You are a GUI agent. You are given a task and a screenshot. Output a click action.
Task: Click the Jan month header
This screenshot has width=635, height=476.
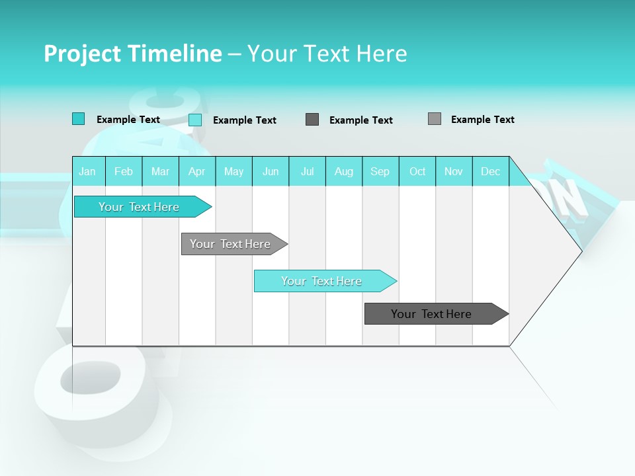(x=87, y=171)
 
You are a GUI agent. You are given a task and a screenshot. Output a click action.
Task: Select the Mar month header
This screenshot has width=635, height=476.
(x=160, y=171)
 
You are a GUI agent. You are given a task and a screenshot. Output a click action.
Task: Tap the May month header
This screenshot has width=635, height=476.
(x=233, y=171)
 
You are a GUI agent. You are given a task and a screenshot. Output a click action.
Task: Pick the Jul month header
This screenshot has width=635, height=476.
(x=307, y=171)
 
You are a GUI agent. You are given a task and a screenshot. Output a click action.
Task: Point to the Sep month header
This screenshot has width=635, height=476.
(x=380, y=171)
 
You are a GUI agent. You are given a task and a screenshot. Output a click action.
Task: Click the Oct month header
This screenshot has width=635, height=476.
(x=417, y=171)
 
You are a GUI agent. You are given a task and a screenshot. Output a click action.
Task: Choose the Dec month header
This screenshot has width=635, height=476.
(x=490, y=171)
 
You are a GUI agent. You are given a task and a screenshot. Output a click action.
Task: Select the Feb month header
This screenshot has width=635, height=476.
(x=124, y=171)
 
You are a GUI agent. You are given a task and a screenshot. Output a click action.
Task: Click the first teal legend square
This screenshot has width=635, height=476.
(x=78, y=119)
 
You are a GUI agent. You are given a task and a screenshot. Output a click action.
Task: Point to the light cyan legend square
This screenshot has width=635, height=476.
(x=195, y=120)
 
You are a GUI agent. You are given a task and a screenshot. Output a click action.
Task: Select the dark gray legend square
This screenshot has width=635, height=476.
(x=312, y=119)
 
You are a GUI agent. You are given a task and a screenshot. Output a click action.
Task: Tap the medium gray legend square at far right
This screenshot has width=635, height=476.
(x=435, y=118)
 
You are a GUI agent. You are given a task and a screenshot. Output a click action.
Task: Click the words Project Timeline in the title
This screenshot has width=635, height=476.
(x=132, y=54)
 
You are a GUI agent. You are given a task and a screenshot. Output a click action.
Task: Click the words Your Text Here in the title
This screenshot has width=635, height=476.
(x=327, y=54)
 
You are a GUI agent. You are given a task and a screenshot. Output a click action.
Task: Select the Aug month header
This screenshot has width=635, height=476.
(x=343, y=171)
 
